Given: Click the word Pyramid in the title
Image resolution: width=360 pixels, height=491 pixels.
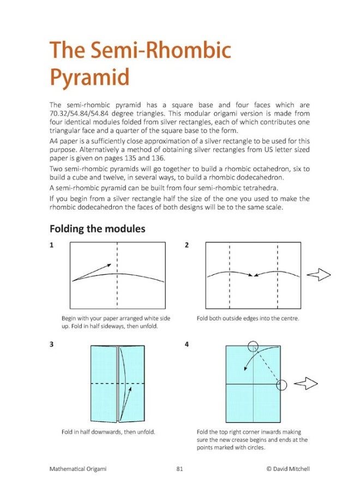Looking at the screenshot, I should click(89, 77).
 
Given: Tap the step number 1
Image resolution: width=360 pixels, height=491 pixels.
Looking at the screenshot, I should click(51, 245).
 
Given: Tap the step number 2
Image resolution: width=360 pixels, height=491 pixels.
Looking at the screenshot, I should click(187, 245).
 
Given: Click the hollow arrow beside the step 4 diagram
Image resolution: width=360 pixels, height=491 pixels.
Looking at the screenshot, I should click(305, 385).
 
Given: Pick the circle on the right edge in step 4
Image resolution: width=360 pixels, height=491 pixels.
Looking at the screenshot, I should click(281, 385).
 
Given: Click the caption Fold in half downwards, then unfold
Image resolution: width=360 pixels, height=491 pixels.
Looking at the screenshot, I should click(109, 432).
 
